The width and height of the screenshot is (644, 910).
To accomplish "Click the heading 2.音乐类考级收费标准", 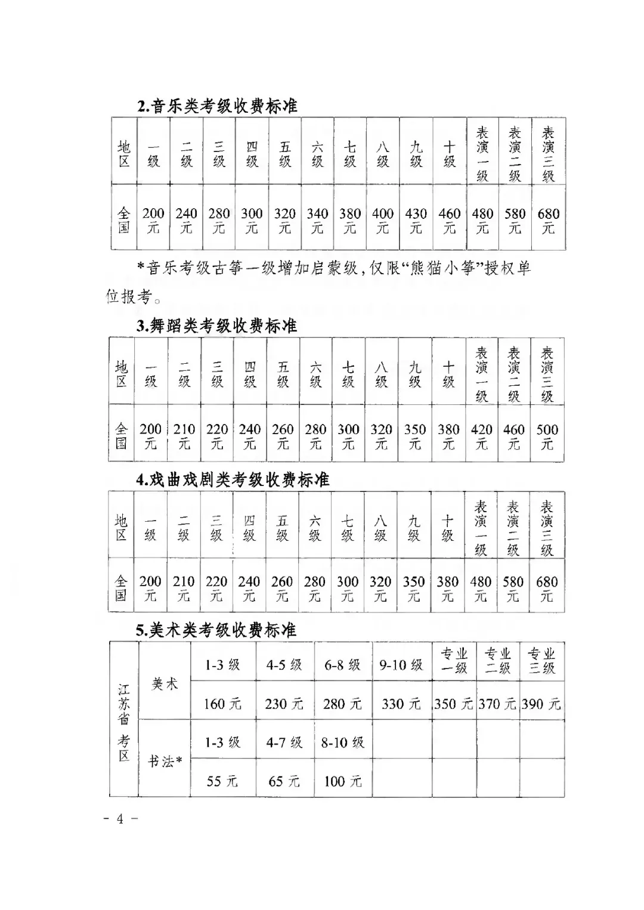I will point(217,106).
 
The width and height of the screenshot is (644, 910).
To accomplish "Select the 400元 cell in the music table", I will point(382,220).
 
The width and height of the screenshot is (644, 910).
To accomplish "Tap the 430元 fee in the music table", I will point(416,220).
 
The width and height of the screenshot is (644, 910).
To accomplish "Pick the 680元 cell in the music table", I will point(548,220).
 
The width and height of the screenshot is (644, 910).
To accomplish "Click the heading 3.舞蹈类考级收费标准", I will point(216,326).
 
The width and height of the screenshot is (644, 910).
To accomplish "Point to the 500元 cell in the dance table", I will point(547,436).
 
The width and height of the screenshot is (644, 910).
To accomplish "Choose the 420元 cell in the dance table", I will point(481,436).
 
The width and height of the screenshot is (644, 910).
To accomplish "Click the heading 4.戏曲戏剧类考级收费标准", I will point(233,479).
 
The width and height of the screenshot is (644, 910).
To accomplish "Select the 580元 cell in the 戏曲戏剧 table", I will point(513,588).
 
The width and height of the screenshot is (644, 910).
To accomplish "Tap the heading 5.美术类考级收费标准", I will point(216,630).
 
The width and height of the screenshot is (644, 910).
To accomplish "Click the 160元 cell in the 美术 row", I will point(222,704).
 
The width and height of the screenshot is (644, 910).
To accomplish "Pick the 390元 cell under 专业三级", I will point(541,704).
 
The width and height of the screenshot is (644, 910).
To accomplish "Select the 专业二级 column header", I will point(498,661).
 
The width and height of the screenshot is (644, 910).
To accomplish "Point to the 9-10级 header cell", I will point(401,664).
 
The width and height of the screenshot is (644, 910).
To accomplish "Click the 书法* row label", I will point(165,761).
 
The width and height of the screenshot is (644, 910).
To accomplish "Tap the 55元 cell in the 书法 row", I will point(222,781).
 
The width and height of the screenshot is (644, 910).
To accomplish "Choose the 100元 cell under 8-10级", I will point(342,781).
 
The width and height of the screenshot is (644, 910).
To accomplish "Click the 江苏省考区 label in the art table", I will point(123,722).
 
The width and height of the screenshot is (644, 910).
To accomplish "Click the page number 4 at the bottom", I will point(120,819).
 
